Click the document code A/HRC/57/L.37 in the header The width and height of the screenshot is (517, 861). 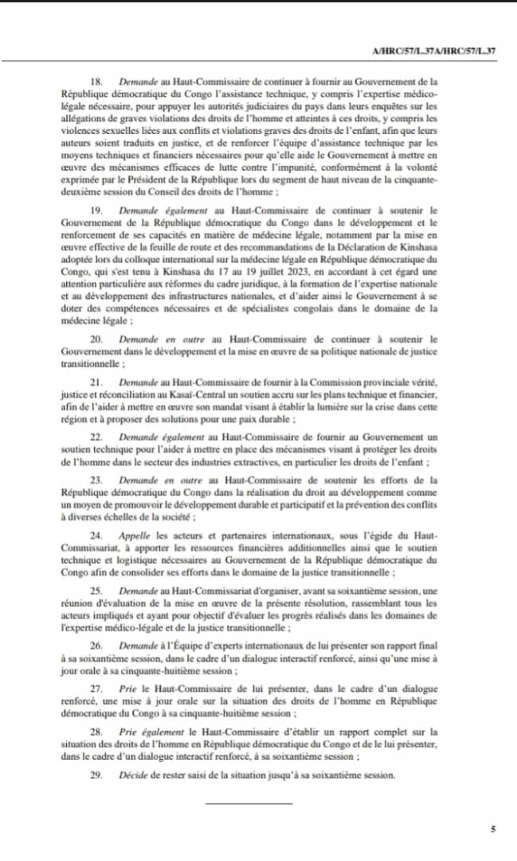coord(434,51)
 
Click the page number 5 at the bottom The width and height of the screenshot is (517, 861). coord(493,830)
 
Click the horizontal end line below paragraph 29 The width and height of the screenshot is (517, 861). coord(249,801)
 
